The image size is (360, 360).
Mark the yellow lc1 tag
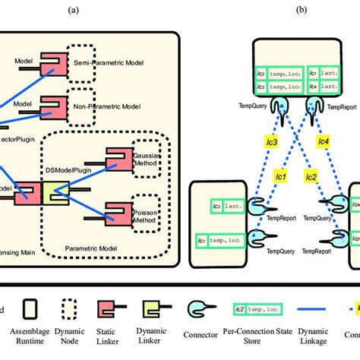(x=279, y=176)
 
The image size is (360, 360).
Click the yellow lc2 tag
(x=311, y=177)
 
